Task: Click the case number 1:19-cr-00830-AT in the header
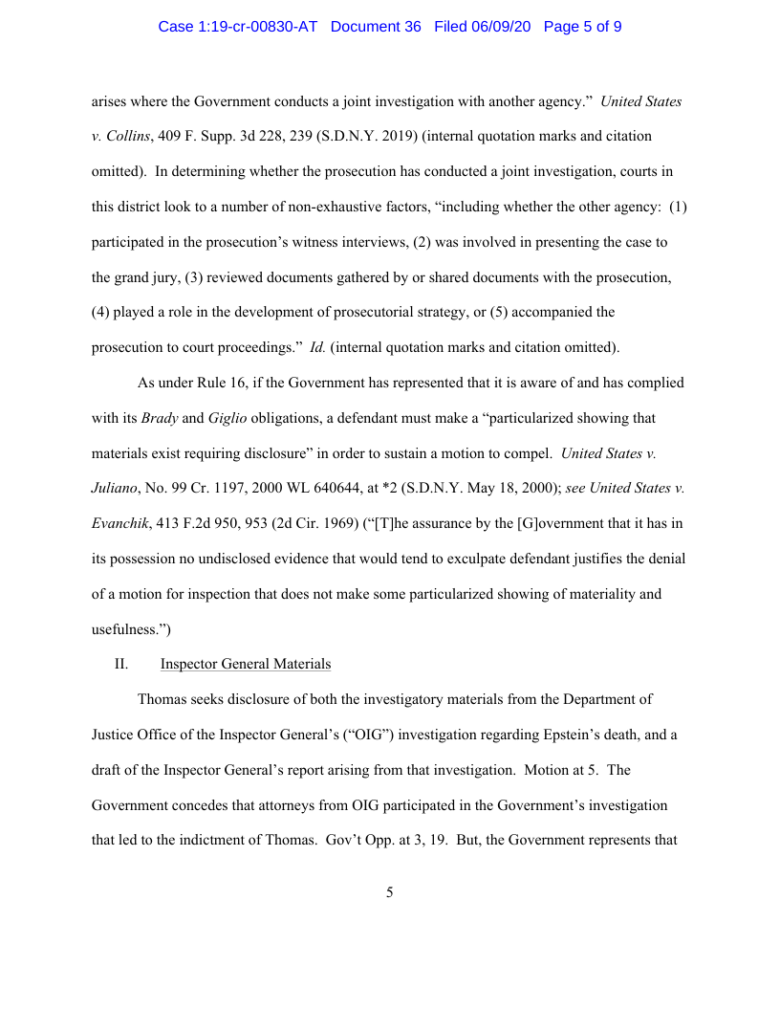(239, 27)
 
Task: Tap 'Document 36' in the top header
(376, 27)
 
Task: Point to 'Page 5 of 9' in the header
(582, 27)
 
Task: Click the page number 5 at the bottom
(389, 892)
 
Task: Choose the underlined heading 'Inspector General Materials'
(246, 664)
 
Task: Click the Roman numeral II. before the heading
(121, 664)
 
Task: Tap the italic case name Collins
(127, 136)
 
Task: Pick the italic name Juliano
(115, 488)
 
